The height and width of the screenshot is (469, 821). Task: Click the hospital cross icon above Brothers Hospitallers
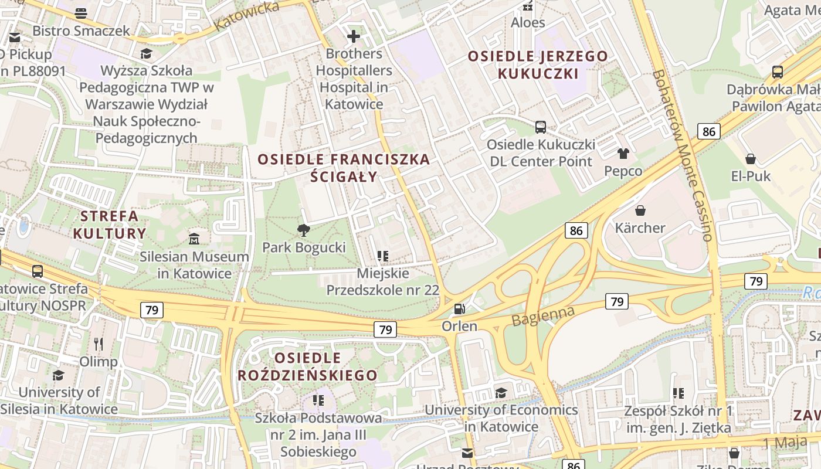353,37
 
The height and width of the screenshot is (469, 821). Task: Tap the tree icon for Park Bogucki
303,230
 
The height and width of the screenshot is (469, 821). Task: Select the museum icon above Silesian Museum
194,239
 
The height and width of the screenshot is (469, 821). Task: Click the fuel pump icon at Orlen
460,308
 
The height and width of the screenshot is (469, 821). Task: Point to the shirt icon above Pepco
623,154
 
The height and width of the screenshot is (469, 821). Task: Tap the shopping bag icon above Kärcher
640,210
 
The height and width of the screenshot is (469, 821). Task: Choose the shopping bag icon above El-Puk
750,158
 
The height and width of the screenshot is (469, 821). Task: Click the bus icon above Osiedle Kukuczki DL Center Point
541,127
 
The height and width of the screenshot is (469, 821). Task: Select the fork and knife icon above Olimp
99,344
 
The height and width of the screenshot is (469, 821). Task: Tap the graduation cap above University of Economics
501,393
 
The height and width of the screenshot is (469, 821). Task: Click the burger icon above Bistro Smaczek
81,13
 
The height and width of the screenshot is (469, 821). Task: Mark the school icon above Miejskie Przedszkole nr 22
383,256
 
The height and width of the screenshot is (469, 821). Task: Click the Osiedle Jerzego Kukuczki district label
538,65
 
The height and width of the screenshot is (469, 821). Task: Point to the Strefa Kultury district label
110,225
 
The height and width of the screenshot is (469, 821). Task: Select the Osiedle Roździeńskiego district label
307,366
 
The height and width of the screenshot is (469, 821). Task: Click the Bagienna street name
543,315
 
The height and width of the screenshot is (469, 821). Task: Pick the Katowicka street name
247,16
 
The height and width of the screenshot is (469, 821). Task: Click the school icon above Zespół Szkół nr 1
678,393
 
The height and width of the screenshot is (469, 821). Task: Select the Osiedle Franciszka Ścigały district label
344,168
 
